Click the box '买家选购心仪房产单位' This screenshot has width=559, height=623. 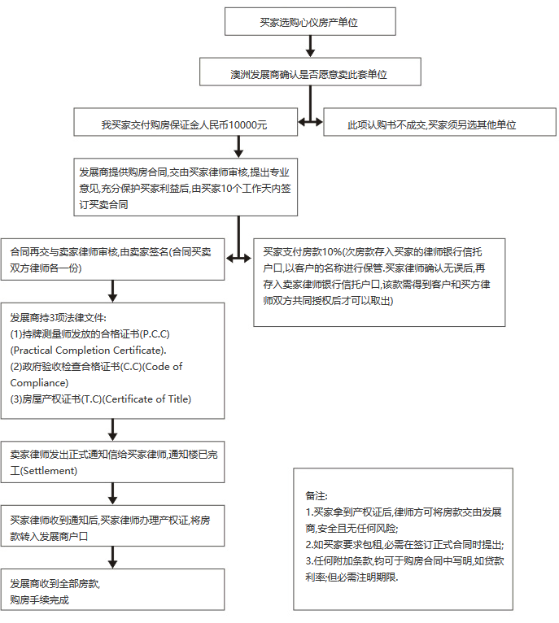(x=309, y=23)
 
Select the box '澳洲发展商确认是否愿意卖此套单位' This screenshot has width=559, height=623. (x=309, y=73)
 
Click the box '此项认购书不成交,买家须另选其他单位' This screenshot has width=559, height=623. (x=432, y=125)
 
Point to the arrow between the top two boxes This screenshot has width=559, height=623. (x=309, y=48)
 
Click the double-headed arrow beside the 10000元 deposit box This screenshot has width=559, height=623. (x=309, y=124)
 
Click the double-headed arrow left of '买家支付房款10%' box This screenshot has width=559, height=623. (x=238, y=258)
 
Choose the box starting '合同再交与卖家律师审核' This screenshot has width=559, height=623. (x=112, y=259)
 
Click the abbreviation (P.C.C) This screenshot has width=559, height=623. (x=155, y=334)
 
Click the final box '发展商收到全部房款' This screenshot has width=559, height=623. (x=112, y=590)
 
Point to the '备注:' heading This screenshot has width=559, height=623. (x=316, y=495)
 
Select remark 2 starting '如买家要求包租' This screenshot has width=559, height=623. (x=404, y=544)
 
